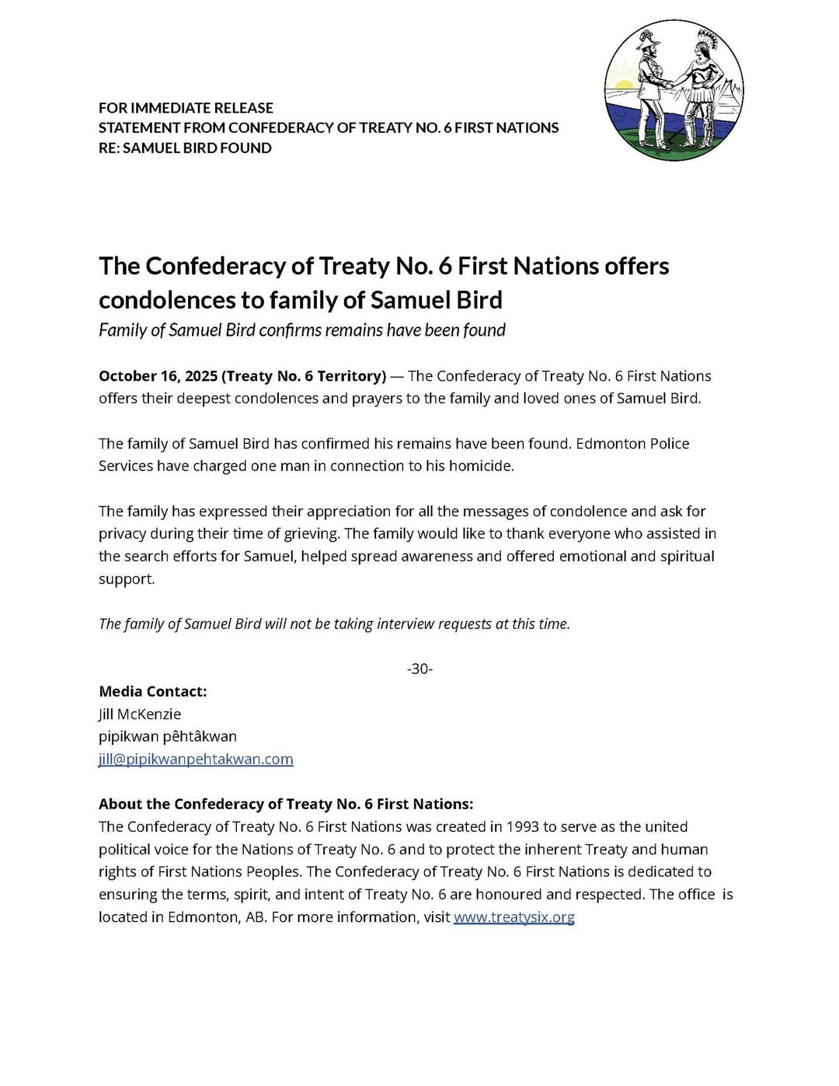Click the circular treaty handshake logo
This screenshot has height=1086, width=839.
674,91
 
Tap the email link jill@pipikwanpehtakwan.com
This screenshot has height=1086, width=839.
196,759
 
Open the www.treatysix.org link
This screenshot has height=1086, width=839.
513,917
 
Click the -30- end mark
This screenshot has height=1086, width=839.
419,669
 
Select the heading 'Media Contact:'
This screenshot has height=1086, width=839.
153,691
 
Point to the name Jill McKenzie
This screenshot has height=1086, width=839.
140,714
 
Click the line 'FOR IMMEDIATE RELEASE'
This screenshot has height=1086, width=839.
186,107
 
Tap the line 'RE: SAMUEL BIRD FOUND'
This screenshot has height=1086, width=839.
185,148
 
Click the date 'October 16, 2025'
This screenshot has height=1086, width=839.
158,376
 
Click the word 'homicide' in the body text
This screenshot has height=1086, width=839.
482,466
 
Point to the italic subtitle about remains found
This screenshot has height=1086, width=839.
301,330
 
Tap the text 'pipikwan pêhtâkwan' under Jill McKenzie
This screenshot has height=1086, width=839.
168,736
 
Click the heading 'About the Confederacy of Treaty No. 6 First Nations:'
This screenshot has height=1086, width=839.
286,804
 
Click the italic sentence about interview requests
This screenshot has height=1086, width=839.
334,623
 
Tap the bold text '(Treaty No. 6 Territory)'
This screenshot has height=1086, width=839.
304,376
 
